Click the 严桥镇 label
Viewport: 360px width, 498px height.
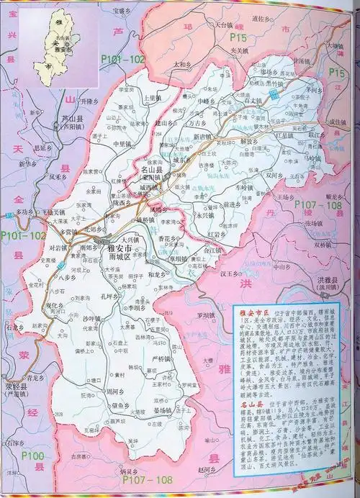pos(164,358)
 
